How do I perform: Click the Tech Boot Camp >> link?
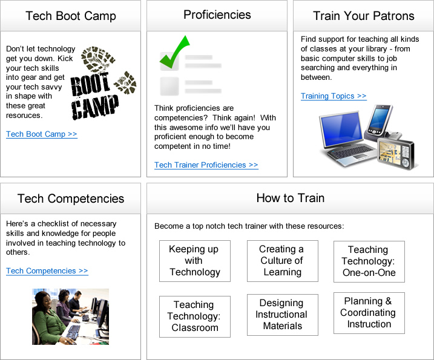click(x=42, y=134)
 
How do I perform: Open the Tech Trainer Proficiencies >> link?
click(x=206, y=165)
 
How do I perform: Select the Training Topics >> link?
click(x=334, y=96)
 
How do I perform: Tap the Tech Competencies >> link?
click(x=47, y=270)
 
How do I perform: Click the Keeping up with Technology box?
click(x=195, y=261)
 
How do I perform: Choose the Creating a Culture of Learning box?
click(x=283, y=261)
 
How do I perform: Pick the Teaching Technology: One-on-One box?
click(x=369, y=261)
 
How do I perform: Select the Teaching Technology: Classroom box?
click(x=195, y=316)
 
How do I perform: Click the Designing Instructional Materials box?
click(x=283, y=315)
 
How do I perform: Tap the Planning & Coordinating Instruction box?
click(x=369, y=313)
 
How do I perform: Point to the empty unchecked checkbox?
click(x=169, y=87)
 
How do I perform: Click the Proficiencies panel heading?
click(x=217, y=15)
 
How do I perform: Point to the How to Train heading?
click(x=291, y=198)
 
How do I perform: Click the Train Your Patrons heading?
click(x=364, y=16)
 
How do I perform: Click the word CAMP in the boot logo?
click(x=95, y=107)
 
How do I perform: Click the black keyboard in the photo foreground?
click(x=73, y=332)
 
